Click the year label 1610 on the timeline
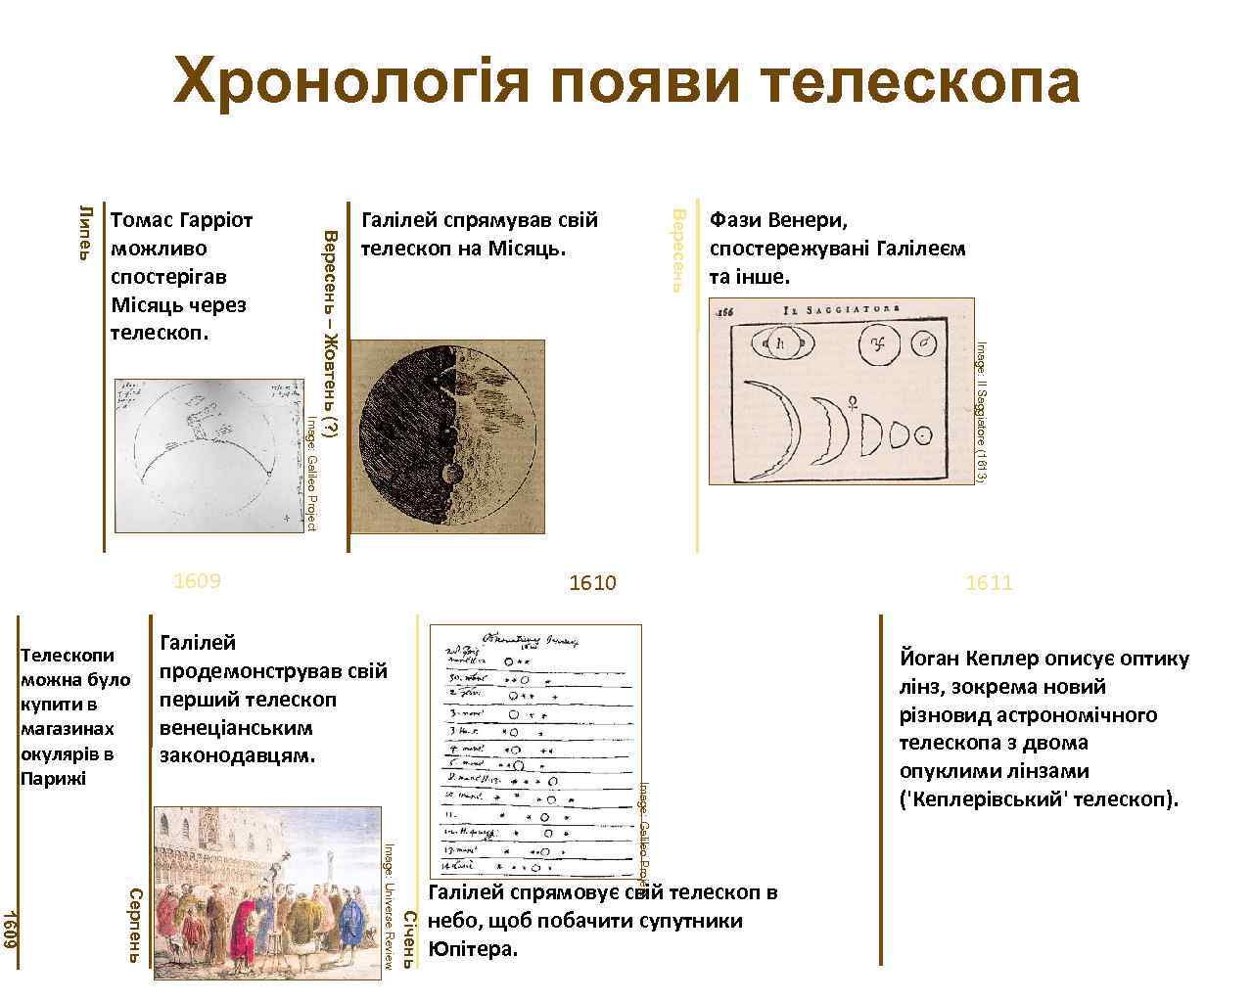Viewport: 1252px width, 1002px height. (593, 583)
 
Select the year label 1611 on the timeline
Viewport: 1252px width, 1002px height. (989, 583)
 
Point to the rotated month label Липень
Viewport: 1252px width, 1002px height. (85, 233)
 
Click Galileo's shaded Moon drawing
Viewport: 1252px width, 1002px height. (447, 436)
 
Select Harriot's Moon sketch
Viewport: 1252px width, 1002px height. (209, 455)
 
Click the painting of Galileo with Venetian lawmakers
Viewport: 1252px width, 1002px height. (267, 892)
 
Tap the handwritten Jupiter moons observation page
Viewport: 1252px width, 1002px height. (535, 751)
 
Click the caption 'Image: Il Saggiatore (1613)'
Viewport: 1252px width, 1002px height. (981, 411)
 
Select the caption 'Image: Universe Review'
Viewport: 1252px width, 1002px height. (389, 905)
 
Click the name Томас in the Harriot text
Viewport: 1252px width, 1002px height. (142, 220)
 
